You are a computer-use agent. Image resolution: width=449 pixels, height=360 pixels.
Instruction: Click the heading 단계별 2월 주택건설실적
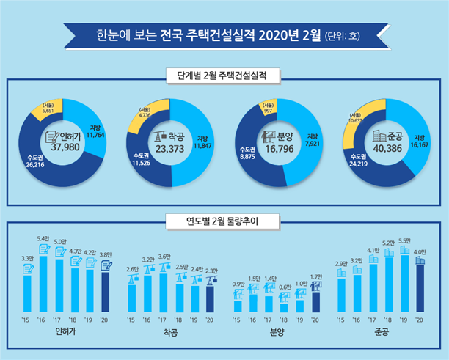224,74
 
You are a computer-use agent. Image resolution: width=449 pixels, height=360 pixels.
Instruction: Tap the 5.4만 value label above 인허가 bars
43,239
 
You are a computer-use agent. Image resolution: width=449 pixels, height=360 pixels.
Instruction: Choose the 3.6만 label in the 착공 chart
164,256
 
